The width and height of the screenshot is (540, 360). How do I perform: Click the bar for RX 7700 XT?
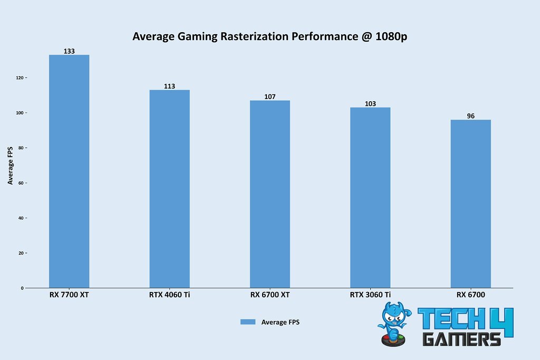(69, 171)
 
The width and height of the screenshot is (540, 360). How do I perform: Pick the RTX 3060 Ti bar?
(370, 198)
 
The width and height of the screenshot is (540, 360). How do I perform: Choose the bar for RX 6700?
(470, 203)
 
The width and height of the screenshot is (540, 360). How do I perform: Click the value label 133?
(69, 51)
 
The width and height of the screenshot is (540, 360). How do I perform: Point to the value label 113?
(169, 86)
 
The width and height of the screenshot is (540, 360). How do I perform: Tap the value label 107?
(270, 97)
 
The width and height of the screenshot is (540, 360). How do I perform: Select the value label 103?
(370, 104)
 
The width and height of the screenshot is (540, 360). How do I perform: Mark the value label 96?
(470, 116)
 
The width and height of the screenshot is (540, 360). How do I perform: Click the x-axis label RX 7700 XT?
(69, 295)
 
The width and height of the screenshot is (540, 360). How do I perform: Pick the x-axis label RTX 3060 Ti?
(370, 295)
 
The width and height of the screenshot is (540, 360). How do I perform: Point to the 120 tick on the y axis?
(20, 78)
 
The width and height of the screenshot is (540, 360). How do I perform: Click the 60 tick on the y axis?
(21, 183)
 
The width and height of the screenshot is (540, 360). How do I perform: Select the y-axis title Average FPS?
(11, 165)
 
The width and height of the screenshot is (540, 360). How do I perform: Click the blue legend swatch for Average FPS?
(248, 322)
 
